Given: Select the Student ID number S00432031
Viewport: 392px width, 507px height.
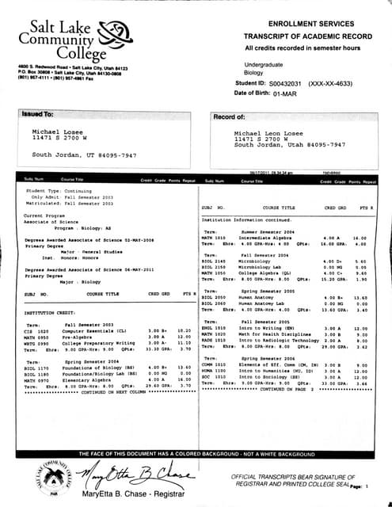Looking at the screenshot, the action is pyautogui.click(x=288, y=82).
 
